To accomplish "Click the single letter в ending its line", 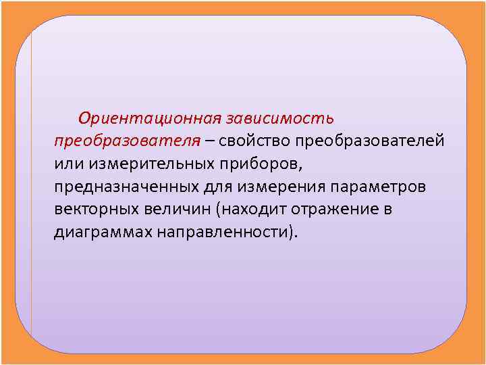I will click(387, 210).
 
